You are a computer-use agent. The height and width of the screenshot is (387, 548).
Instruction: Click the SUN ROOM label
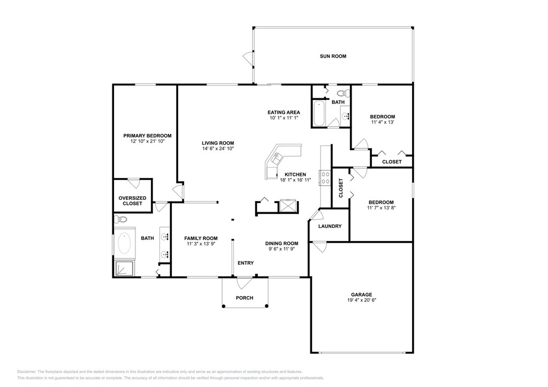333,56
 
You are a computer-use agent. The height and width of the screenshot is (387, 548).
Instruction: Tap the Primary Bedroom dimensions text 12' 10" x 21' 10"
148,141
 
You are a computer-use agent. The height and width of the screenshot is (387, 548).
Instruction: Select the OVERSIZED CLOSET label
133,200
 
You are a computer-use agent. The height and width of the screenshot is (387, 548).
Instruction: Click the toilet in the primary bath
120,220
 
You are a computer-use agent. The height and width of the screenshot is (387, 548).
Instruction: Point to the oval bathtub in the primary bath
124,243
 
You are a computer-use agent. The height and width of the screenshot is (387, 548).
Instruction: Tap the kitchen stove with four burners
325,177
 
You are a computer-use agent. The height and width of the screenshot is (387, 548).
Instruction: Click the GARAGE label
361,295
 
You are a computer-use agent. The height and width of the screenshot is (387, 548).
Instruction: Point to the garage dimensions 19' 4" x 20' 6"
362,300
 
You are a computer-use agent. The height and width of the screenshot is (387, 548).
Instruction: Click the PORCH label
245,298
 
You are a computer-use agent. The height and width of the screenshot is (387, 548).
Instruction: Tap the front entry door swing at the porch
244,283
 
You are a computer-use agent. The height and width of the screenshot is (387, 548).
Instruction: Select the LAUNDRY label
330,226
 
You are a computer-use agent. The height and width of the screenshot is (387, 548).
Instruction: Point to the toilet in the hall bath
344,94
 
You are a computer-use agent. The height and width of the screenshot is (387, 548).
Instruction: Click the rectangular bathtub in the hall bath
319,113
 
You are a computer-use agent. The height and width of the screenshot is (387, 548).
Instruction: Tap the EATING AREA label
284,112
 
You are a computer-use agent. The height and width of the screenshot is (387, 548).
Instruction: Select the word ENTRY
246,263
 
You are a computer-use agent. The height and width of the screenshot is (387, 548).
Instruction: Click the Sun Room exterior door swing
248,57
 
